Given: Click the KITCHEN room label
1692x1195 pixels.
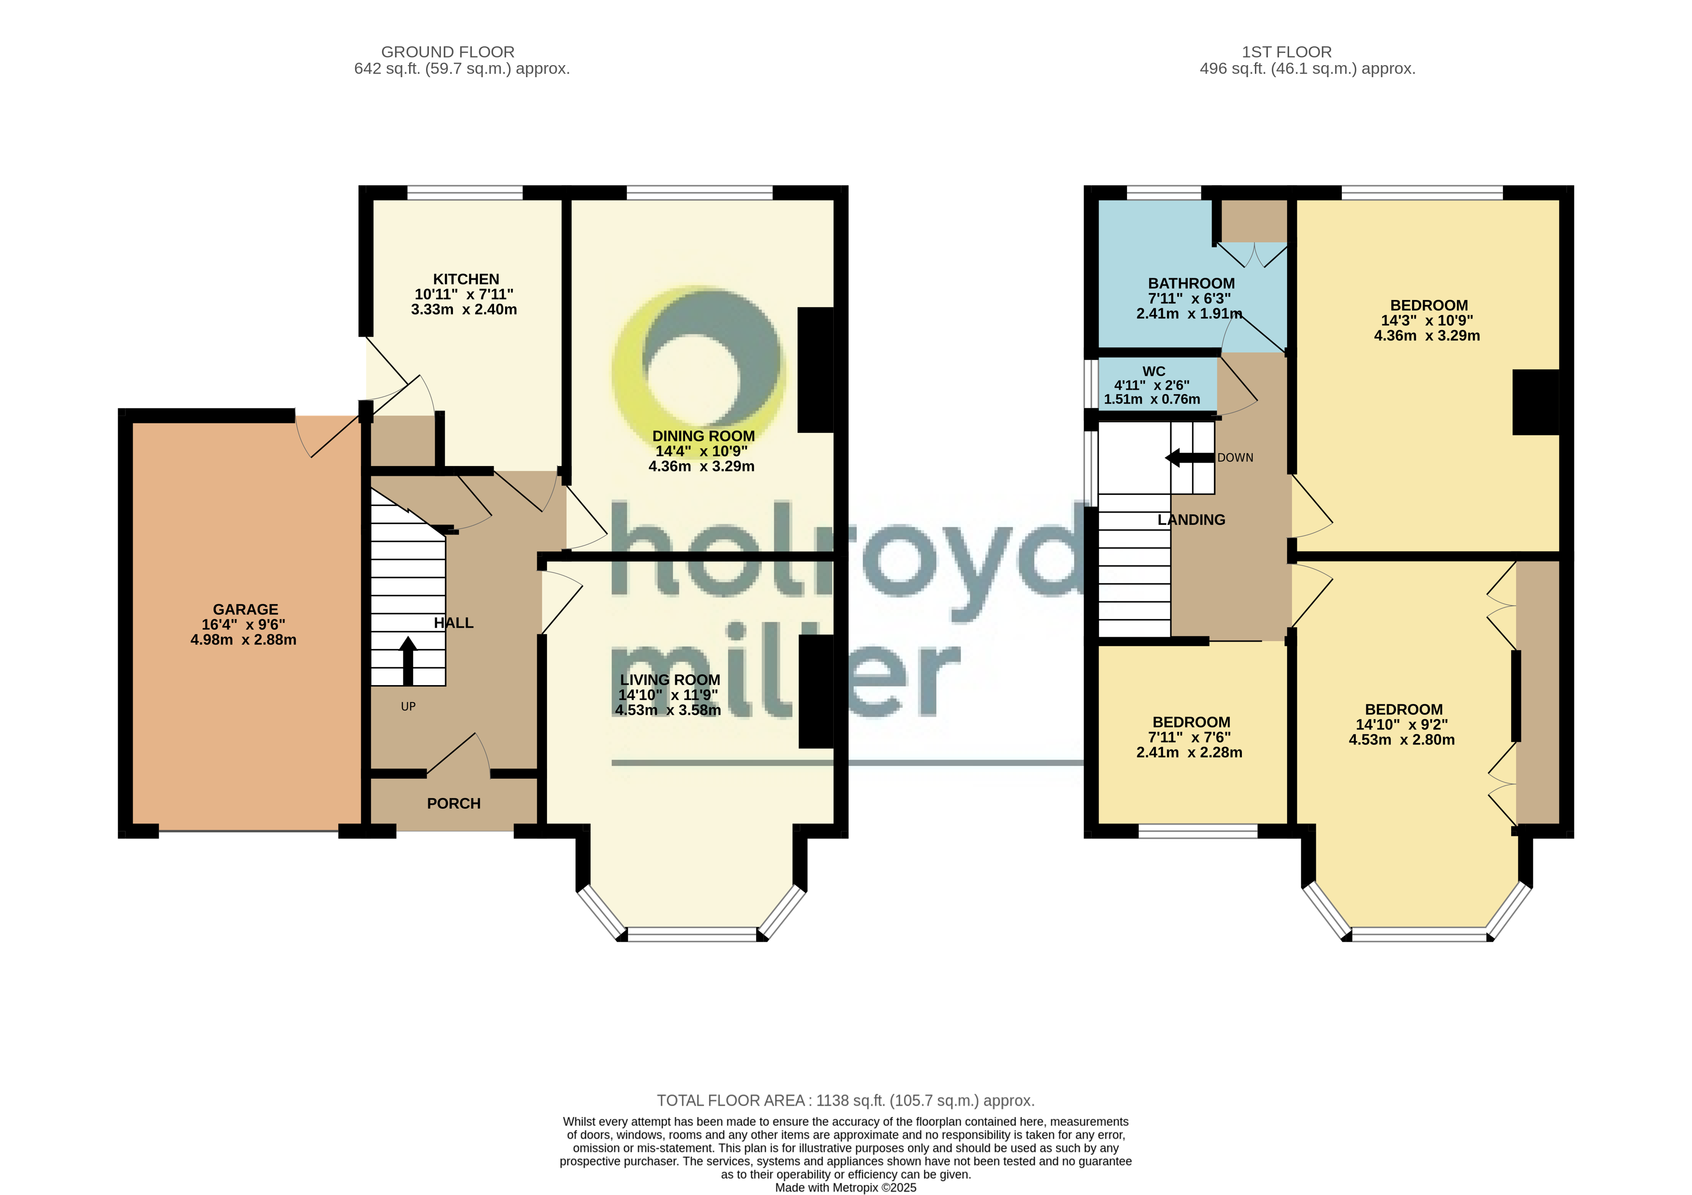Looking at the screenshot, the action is click(466, 279).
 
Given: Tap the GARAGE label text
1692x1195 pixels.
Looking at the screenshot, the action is click(246, 609).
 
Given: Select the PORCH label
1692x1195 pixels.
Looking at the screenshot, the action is click(454, 804).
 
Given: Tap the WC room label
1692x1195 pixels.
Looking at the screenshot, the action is click(1154, 371).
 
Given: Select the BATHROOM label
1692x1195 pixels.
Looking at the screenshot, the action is click(1192, 284).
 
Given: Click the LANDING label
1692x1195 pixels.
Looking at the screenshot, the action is click(1192, 520).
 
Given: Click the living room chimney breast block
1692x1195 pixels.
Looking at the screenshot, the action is click(816, 691).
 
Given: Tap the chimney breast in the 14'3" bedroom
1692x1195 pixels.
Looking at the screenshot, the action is click(1536, 402).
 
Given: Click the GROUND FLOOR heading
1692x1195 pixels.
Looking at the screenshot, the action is click(448, 52).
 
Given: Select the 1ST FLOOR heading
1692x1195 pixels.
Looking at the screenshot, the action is click(1287, 52).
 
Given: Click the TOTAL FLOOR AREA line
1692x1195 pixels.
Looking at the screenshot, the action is click(846, 1101).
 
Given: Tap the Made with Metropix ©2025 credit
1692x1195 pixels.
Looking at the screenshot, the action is click(846, 1188).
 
